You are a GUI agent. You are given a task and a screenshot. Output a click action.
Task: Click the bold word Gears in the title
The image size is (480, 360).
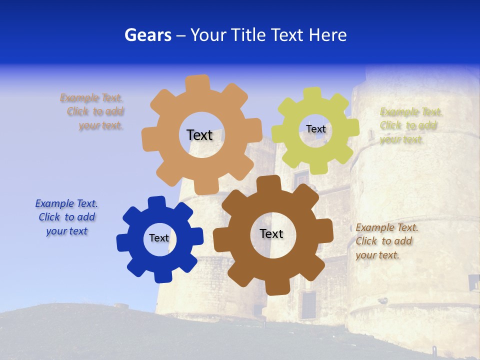[147, 35]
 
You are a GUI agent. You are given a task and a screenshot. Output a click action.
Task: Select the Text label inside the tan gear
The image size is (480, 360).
[199, 135]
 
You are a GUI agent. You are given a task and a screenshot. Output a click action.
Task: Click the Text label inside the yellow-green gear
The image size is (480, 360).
[315, 129]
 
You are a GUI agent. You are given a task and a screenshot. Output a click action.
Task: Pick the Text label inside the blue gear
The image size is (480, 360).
[159, 238]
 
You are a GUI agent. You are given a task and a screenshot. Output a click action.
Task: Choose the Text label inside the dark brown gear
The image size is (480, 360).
[271, 233]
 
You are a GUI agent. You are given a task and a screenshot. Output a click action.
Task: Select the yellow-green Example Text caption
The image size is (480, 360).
[410, 125]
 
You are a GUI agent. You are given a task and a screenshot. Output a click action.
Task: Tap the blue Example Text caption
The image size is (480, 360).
[66, 217]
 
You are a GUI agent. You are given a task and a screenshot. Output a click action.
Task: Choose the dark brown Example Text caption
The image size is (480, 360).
[386, 241]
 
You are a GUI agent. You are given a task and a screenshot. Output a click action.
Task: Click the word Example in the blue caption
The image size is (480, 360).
[54, 203]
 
